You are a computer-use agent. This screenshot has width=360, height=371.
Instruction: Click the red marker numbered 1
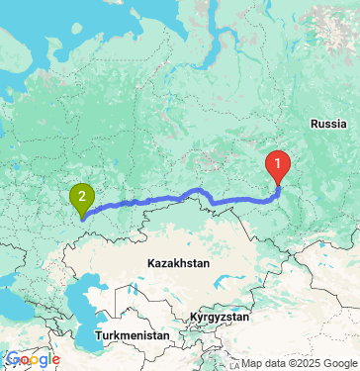[x=280, y=164]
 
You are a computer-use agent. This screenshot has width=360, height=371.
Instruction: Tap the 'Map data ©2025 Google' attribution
[x=298, y=363]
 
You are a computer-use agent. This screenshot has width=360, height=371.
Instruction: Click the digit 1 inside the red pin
[x=280, y=162]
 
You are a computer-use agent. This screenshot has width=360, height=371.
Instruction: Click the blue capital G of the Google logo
[x=11, y=359]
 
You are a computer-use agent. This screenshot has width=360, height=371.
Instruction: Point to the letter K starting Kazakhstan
[x=148, y=264]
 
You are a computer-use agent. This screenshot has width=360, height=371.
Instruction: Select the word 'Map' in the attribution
[x=252, y=363]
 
